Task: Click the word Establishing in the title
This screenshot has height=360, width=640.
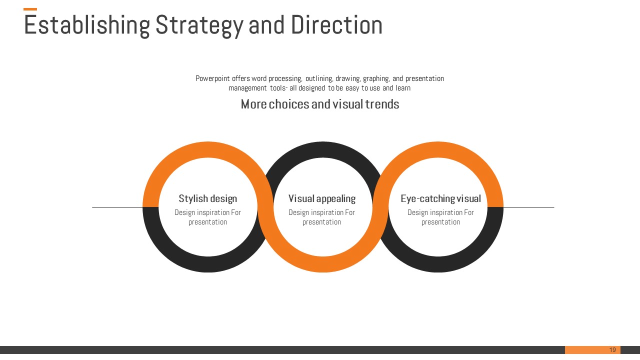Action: coord(87,25)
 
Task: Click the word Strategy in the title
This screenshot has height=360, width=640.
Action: coord(199,25)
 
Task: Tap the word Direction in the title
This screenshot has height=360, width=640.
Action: coord(336,25)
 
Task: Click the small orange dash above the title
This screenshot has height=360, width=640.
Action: coord(30,9)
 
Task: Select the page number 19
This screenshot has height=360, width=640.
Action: coord(612,349)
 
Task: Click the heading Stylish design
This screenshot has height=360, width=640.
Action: coord(207,198)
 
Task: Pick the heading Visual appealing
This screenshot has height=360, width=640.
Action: coord(322,198)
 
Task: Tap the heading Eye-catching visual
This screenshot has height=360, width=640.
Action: coord(440,198)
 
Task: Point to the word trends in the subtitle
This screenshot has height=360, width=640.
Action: coord(382,104)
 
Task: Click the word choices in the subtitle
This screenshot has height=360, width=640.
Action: coord(289,104)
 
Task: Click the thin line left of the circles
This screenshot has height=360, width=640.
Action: coord(117,207)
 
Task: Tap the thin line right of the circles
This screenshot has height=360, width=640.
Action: coord(529,207)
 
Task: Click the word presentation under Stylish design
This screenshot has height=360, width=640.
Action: coord(207,222)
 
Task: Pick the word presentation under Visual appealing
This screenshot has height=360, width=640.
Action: coord(321,222)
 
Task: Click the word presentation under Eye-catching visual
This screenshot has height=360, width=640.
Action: coord(440,222)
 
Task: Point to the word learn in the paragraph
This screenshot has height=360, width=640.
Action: coord(403,88)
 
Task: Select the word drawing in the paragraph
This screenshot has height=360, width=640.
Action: coord(348,78)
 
